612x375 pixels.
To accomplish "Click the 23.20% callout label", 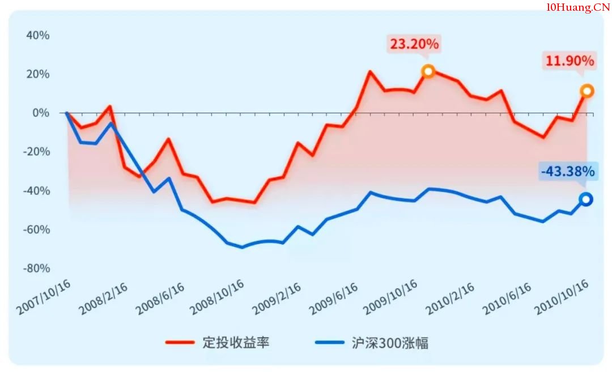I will (x=414, y=44).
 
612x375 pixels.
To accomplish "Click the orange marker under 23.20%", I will (x=428, y=71).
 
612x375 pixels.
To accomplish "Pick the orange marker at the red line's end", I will (x=587, y=91).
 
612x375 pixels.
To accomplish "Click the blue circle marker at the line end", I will (x=586, y=199).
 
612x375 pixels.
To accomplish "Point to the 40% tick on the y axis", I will (x=38, y=36).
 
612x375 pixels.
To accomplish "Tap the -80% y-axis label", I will (x=36, y=268).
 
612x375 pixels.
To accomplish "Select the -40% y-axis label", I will (x=36, y=191).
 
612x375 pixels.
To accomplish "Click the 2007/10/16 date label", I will (x=44, y=297).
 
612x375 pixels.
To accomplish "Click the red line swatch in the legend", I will (x=180, y=343).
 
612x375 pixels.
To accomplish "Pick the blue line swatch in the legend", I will (x=329, y=343).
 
